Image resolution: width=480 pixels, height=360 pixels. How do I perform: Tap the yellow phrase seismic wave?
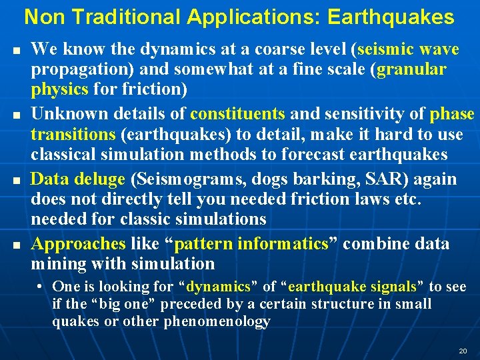408,49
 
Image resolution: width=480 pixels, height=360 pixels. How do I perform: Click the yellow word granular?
411,69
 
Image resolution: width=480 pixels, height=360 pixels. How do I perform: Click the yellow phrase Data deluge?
78,179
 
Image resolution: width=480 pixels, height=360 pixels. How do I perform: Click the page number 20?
463,351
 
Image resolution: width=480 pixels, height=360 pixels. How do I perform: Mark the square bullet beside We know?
15,51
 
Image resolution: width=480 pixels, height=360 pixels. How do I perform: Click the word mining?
57,263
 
